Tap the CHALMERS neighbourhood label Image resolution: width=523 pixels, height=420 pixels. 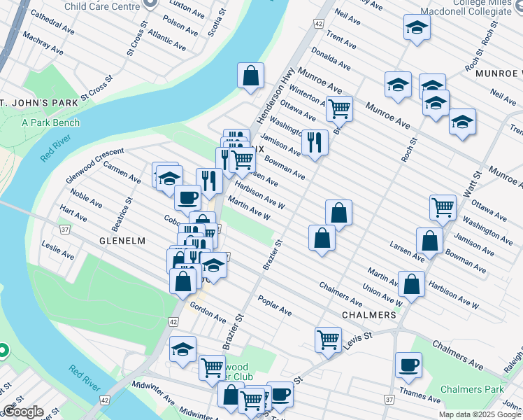(368, 315)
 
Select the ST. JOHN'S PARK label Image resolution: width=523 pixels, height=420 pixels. (38, 104)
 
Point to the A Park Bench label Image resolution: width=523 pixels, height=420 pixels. (50, 122)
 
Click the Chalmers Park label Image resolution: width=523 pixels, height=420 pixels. (472, 389)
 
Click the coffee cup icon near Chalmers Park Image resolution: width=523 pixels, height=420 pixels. (408, 364)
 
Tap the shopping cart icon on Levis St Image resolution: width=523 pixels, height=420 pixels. (328, 339)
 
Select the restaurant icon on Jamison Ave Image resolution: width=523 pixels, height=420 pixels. (315, 142)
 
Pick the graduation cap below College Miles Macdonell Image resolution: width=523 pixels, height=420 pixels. (417, 27)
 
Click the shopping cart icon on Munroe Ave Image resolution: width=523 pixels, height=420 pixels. (339, 108)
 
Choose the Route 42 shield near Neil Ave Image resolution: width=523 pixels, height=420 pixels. (319, 24)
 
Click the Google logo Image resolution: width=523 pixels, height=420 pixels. (23, 412)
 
